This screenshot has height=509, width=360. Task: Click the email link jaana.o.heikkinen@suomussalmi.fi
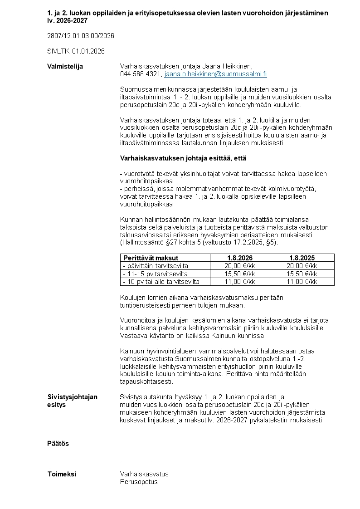pyautogui.click(x=215, y=73)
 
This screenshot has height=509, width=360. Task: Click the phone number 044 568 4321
pyautogui.click(x=140, y=73)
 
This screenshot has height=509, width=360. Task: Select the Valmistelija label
pyautogui.click(x=65, y=66)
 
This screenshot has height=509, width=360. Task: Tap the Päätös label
pyautogui.click(x=58, y=443)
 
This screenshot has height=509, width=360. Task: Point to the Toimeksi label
pyautogui.click(x=62, y=474)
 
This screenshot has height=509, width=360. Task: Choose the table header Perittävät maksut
pyautogui.click(x=151, y=258)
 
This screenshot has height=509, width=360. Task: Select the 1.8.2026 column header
pyautogui.click(x=240, y=258)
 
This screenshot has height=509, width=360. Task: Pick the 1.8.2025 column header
pyautogui.click(x=302, y=258)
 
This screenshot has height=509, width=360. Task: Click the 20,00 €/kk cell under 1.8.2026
pyautogui.click(x=240, y=266)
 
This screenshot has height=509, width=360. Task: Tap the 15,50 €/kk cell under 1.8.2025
pyautogui.click(x=302, y=274)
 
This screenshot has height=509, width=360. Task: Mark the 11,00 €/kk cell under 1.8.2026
pyautogui.click(x=240, y=282)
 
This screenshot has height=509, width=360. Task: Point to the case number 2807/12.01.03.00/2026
pyautogui.click(x=81, y=35)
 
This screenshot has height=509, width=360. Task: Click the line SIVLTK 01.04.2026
pyautogui.click(x=76, y=51)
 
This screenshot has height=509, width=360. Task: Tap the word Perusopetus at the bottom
pyautogui.click(x=139, y=482)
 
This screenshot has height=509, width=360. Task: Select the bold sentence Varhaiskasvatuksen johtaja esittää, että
pyautogui.click(x=183, y=158)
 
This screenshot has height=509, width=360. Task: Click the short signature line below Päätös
pyautogui.click(x=134, y=461)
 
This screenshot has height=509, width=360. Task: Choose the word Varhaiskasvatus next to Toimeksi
pyautogui.click(x=144, y=474)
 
